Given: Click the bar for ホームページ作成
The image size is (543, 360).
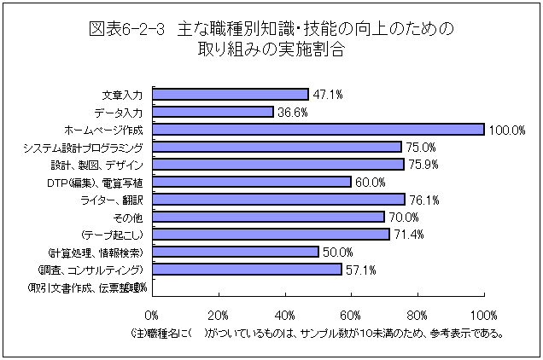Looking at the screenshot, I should (318, 129).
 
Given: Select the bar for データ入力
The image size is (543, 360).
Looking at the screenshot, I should (213, 112).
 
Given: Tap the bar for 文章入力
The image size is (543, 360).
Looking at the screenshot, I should (230, 94).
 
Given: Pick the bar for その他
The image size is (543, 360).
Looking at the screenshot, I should (268, 217).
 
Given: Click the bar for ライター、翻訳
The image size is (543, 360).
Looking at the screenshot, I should (278, 199).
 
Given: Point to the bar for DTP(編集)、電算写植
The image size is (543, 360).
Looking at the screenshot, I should (252, 182).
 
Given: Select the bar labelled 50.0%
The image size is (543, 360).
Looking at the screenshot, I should (235, 252).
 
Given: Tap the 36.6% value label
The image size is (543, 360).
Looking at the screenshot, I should (293, 112).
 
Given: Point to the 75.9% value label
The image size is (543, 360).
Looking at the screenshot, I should (423, 165).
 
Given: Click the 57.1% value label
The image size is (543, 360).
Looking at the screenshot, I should (361, 270).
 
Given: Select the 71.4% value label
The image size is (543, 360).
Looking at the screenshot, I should (409, 235).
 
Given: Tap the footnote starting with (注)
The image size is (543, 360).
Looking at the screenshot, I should (317, 333).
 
